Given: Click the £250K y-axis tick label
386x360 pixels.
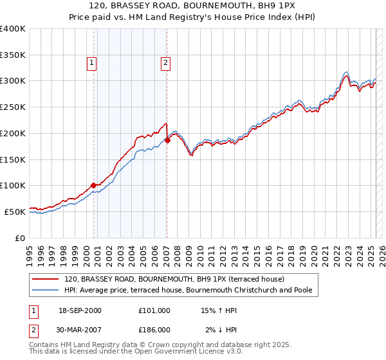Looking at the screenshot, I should (x=13, y=107).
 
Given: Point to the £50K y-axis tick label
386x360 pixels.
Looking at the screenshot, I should (x=15, y=211).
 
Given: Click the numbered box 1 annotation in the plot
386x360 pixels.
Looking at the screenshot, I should (x=92, y=63).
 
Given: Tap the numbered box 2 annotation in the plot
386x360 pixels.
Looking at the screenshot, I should (x=165, y=63).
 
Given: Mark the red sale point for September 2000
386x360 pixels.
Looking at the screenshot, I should (x=94, y=185).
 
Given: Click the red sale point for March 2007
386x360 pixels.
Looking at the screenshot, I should (x=167, y=141).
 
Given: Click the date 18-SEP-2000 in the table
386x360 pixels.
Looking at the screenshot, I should (x=80, y=310).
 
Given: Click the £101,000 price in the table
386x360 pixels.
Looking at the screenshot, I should (x=154, y=310).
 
